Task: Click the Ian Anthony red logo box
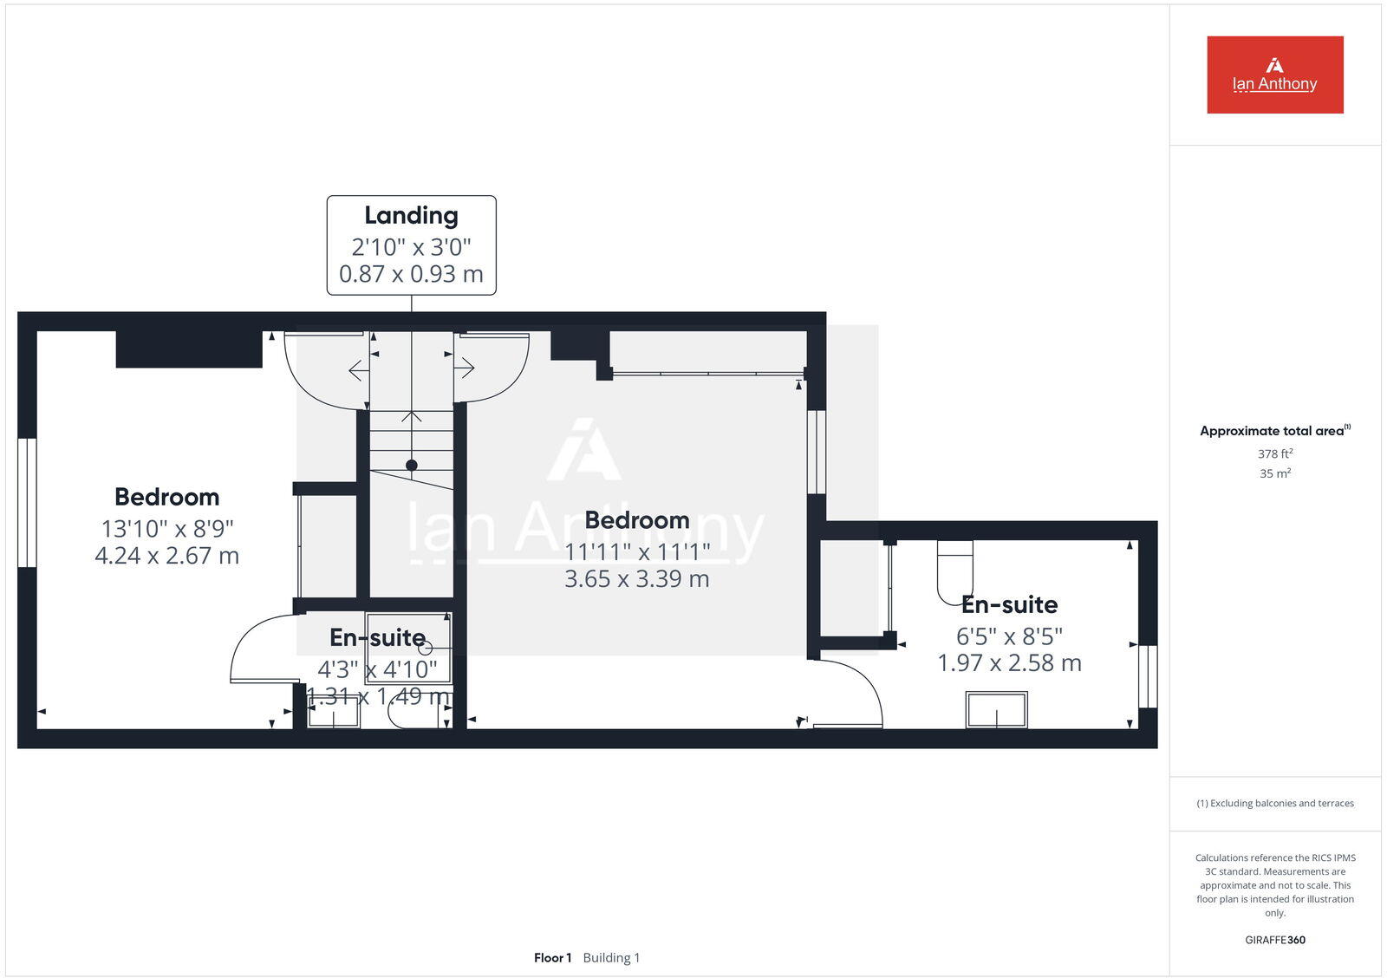(x=1274, y=75)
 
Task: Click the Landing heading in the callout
(x=411, y=215)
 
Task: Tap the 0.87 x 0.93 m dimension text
(x=411, y=274)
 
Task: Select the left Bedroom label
(x=167, y=497)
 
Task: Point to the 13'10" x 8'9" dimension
(x=167, y=528)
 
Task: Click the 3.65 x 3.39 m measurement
(x=636, y=579)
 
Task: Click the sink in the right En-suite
(x=997, y=710)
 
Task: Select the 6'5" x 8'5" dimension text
(x=1009, y=636)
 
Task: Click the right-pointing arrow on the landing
(x=465, y=368)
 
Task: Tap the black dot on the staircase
(x=412, y=466)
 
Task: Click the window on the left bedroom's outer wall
(x=27, y=503)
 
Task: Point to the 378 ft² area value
(x=1275, y=453)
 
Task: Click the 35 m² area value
(x=1275, y=473)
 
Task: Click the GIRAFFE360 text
(x=1275, y=940)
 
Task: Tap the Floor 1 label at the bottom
(x=552, y=958)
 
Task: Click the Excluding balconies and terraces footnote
(x=1275, y=804)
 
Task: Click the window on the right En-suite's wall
(x=1148, y=676)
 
